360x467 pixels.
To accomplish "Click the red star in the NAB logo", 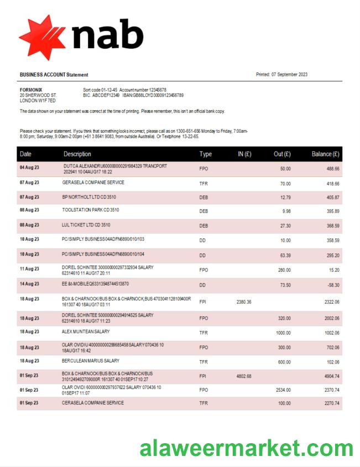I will (x=42, y=37).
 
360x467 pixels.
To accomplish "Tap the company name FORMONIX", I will (x=31, y=90).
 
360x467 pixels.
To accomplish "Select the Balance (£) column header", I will (x=325, y=154).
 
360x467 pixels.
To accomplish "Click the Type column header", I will (x=206, y=154).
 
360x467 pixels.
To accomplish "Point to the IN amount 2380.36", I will (x=244, y=302).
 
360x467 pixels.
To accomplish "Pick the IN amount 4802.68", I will (x=244, y=376).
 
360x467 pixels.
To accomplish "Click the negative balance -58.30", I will (x=332, y=284).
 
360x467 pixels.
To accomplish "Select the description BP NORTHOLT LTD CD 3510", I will (x=89, y=196).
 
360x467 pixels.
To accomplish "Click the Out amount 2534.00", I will (x=283, y=390).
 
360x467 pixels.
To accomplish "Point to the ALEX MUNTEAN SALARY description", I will (x=86, y=331).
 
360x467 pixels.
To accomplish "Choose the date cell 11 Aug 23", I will (x=29, y=268).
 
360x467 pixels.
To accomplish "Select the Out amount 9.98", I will (x=286, y=211).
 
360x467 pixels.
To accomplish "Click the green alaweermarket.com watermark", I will (x=246, y=448).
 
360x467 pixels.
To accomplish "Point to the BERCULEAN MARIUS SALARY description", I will (x=91, y=360).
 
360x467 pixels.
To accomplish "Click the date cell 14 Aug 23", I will (x=29, y=284).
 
